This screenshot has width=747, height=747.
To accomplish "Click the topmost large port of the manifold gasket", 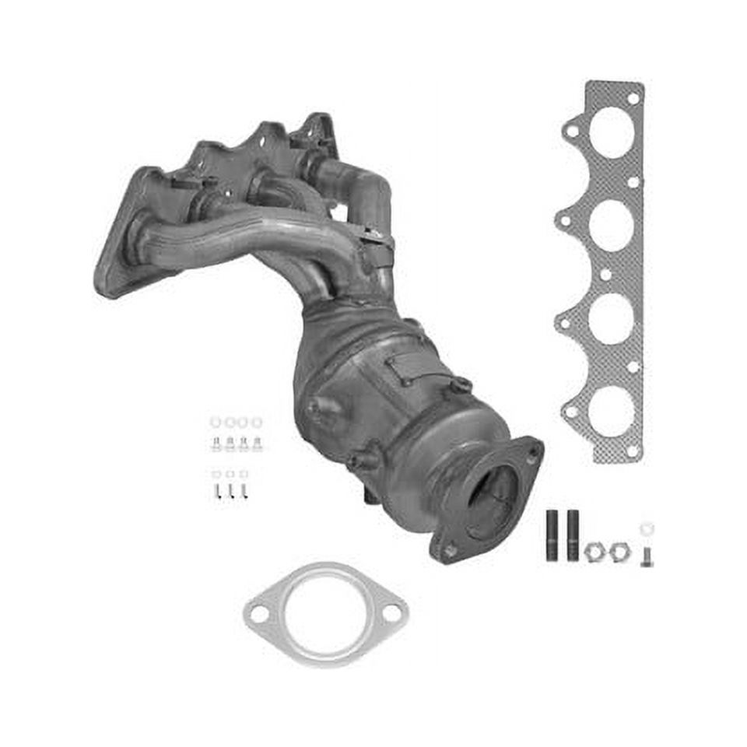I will [x=611, y=132].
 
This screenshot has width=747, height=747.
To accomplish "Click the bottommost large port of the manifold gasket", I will [x=611, y=411].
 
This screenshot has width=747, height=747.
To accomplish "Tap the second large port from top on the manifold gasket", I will [x=611, y=226].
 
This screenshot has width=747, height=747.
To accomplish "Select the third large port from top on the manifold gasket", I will [x=611, y=319].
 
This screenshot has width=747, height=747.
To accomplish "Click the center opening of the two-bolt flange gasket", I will [x=325, y=613].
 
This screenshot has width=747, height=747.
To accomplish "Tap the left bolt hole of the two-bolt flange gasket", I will [x=260, y=614].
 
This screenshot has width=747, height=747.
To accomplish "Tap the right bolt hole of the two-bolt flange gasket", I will [x=391, y=612].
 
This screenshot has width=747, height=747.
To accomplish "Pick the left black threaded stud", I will [x=552, y=536].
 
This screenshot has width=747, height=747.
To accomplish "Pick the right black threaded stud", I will [x=573, y=536].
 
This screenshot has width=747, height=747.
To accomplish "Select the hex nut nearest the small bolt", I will [x=618, y=551].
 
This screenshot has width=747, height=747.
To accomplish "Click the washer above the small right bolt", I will [x=647, y=529].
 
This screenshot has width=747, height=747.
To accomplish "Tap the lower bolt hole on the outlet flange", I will [x=449, y=551].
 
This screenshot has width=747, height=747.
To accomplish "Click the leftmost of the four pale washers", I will [x=216, y=423].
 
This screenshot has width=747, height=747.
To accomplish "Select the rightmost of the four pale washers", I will [x=257, y=423].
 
